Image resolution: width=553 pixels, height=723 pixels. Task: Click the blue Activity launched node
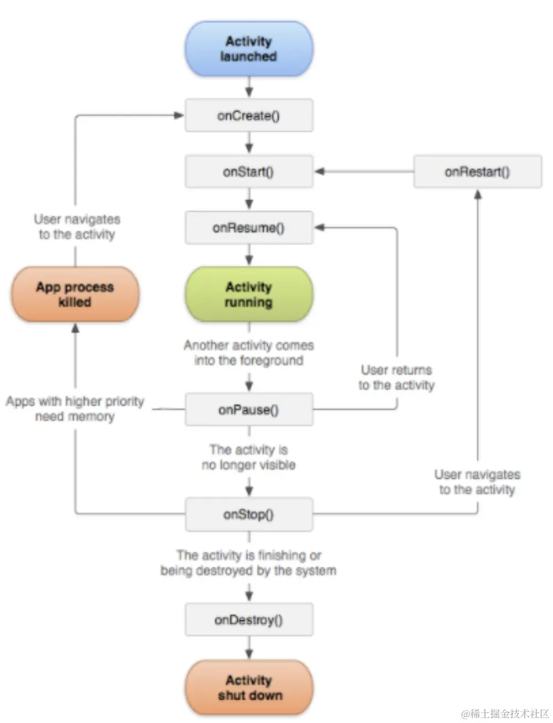tap(249, 49)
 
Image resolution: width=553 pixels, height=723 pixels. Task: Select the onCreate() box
tap(249, 116)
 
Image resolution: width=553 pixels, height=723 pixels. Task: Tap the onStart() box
tap(249, 171)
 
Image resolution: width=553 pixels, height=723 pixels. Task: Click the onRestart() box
tap(477, 171)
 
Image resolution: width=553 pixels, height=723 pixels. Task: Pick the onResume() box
tap(249, 228)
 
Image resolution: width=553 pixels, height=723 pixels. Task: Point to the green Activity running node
tap(249, 294)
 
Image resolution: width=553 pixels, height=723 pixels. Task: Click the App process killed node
tap(75, 294)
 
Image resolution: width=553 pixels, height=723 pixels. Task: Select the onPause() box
tap(249, 409)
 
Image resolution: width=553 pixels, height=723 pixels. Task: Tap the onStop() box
tap(249, 514)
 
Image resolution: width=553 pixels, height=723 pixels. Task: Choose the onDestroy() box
tap(249, 619)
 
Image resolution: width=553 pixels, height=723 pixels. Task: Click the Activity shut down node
tap(249, 688)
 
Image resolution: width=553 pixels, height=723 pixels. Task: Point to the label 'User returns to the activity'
tap(397, 378)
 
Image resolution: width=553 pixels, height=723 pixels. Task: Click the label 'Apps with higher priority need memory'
tap(75, 409)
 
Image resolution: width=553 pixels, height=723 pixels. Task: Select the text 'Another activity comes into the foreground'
tap(249, 353)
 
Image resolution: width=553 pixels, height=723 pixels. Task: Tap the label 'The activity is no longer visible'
tap(249, 457)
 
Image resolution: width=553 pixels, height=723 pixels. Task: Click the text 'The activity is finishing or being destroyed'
tap(249, 563)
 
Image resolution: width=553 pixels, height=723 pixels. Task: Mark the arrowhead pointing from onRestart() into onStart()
tap(319, 171)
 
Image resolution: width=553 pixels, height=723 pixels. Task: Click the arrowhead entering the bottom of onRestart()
tap(478, 195)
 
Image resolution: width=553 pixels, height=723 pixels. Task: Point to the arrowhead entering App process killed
tap(75, 328)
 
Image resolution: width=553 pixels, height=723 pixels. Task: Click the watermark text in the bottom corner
tap(505, 714)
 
